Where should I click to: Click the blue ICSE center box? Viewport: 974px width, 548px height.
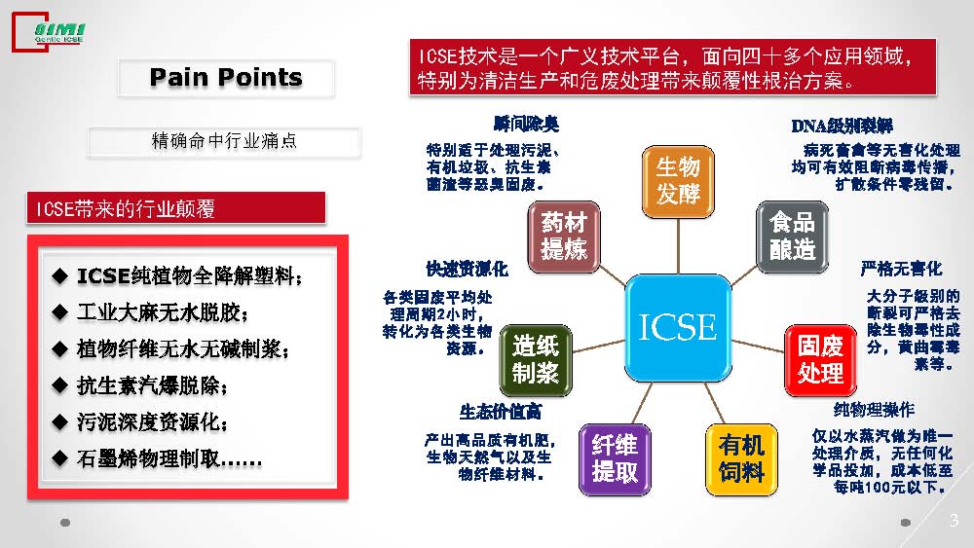pyautogui.click(x=678, y=328)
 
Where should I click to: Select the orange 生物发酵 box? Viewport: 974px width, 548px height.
pyautogui.click(x=678, y=181)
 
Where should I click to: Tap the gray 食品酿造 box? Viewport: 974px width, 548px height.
pyautogui.click(x=792, y=237)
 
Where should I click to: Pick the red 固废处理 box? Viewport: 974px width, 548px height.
pyautogui.click(x=820, y=360)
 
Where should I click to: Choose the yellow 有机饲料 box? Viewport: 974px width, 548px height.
pyautogui.click(x=741, y=459)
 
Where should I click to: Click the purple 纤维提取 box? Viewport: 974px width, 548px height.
pyautogui.click(x=615, y=459)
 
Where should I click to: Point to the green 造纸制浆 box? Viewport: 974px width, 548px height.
pyautogui.click(x=536, y=360)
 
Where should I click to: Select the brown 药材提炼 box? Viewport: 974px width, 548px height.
pyautogui.click(x=563, y=237)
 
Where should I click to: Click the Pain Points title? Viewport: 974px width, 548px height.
pyautogui.click(x=226, y=78)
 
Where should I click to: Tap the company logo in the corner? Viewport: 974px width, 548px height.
pyautogui.click(x=49, y=32)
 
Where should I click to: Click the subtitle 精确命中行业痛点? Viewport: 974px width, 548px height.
pyautogui.click(x=224, y=141)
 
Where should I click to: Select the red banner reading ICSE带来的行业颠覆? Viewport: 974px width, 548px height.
pyautogui.click(x=175, y=208)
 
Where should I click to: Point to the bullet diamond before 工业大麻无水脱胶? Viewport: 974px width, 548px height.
pyautogui.click(x=59, y=312)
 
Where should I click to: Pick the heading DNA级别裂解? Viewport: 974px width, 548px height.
pyautogui.click(x=842, y=126)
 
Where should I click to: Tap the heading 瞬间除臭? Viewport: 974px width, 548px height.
pyautogui.click(x=526, y=124)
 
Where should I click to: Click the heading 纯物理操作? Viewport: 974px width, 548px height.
pyautogui.click(x=874, y=410)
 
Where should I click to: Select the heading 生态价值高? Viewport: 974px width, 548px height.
pyautogui.click(x=501, y=412)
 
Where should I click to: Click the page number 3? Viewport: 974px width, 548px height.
pyautogui.click(x=955, y=520)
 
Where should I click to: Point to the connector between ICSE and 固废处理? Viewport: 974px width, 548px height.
pyautogui.click(x=758, y=346)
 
